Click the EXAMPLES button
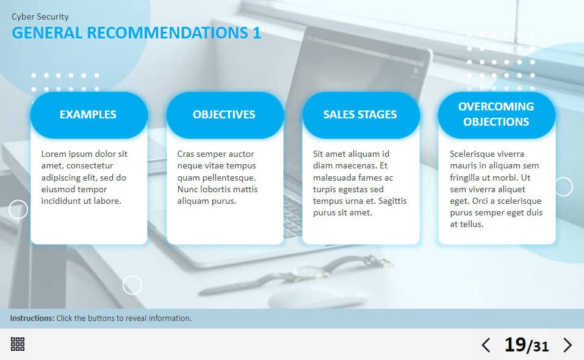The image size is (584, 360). [x=88, y=115]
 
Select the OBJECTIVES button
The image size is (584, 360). [x=225, y=115]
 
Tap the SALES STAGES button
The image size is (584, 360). [x=361, y=115]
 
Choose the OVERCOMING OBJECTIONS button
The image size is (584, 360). [x=497, y=115]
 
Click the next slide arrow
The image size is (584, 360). [x=568, y=345]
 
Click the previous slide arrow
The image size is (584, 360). [x=486, y=345]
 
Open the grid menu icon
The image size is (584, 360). [x=18, y=344]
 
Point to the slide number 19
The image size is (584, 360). [x=515, y=345]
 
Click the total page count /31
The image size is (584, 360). [x=538, y=346]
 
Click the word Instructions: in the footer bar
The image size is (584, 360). [x=32, y=319]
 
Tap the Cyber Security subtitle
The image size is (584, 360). [x=40, y=16]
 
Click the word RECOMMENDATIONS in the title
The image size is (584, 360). [x=167, y=33]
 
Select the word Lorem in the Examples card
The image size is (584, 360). [x=52, y=154]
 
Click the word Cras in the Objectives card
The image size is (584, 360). [x=186, y=154]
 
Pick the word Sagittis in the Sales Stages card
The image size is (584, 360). [x=392, y=201]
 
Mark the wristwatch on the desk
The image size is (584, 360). [x=296, y=273]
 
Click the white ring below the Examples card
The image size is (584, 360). [x=132, y=285]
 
